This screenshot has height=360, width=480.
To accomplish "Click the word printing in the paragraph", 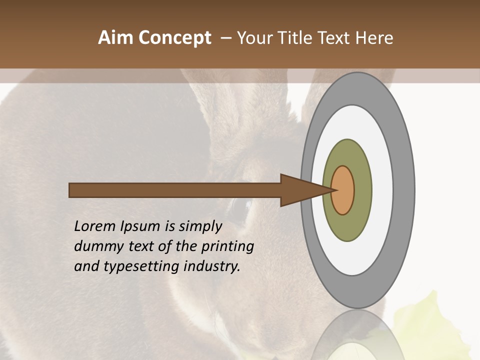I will coord(227,246).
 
